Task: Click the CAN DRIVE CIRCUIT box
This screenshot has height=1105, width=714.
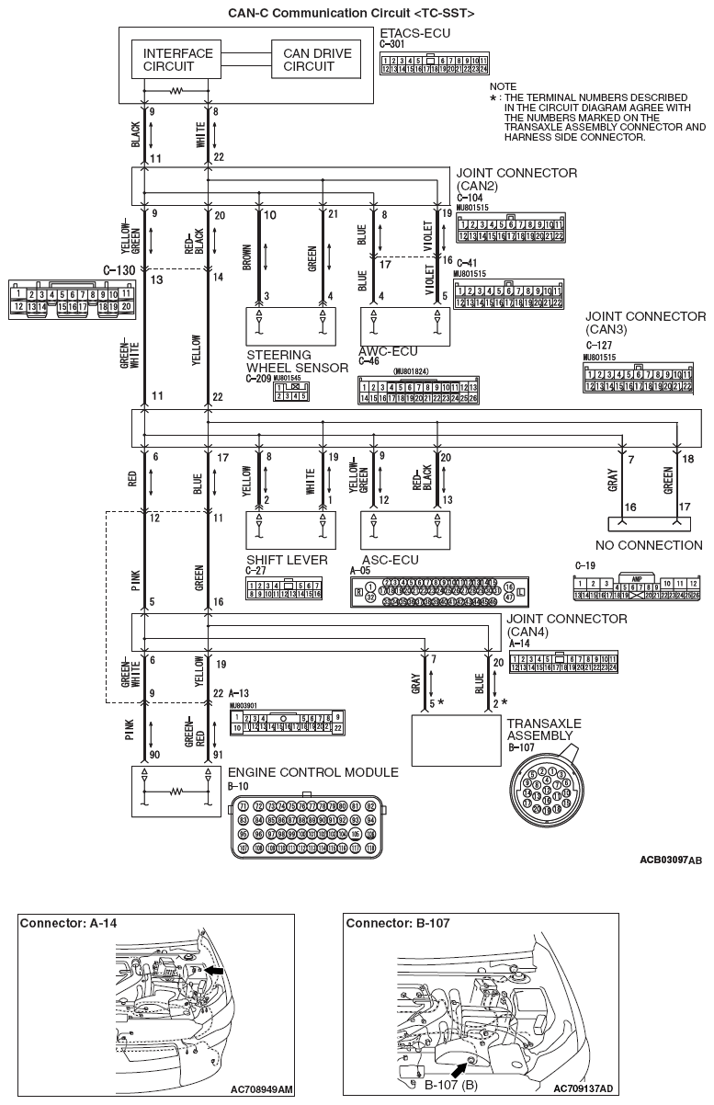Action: [x=317, y=61]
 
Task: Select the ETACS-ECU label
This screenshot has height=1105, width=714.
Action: [x=409, y=33]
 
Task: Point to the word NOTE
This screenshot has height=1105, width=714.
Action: [x=504, y=85]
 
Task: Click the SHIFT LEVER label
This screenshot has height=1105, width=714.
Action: [x=279, y=559]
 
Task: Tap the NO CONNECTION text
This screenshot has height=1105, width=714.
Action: [x=655, y=545]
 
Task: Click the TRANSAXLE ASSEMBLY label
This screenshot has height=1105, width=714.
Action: [x=544, y=730]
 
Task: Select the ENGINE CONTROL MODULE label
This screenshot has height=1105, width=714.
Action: [x=313, y=772]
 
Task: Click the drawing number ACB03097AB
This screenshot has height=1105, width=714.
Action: [x=670, y=860]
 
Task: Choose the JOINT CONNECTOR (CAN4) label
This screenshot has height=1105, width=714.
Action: [x=567, y=625]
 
